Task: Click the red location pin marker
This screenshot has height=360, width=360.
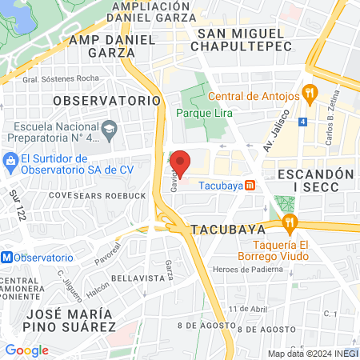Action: (181, 162)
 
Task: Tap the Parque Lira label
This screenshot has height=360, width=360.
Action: (204, 114)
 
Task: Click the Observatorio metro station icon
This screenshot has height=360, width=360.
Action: (7, 258)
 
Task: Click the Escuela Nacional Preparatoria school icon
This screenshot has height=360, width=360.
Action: (110, 129)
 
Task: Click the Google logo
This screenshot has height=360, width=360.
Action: (26, 350)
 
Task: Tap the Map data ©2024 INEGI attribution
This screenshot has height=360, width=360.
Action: (312, 354)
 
